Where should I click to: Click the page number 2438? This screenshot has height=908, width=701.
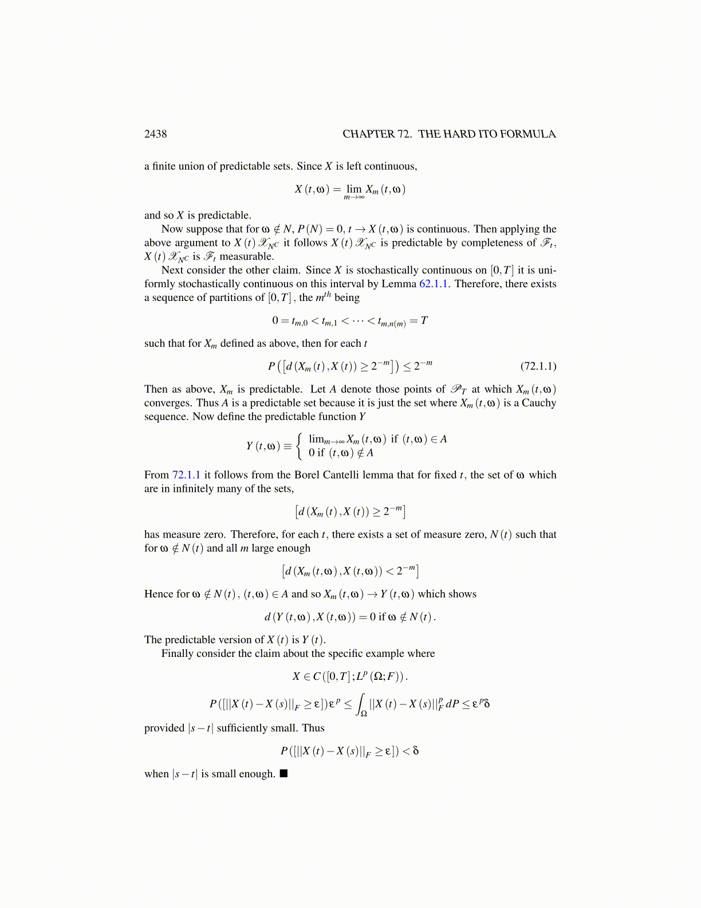click(155, 134)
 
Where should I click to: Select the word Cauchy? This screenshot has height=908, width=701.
click(538, 403)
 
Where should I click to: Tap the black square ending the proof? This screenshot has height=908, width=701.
click(283, 773)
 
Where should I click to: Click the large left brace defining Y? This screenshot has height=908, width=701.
click(299, 446)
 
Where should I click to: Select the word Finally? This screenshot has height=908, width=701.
click(178, 653)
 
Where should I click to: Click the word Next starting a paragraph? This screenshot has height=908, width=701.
click(173, 270)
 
